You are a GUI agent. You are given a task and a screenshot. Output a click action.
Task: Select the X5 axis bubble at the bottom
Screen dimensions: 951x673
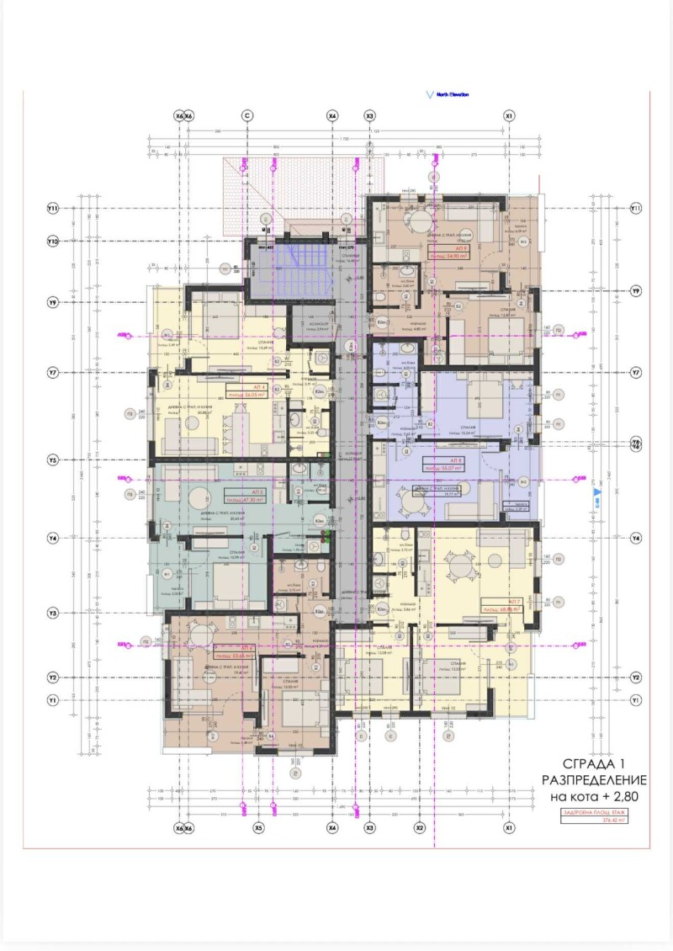coord(258,828)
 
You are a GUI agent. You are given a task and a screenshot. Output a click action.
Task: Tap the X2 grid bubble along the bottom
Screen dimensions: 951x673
coord(419,828)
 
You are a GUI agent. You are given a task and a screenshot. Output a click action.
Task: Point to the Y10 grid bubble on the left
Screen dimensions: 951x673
coord(52,242)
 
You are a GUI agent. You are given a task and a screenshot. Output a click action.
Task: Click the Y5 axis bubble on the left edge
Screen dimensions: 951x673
coord(52,460)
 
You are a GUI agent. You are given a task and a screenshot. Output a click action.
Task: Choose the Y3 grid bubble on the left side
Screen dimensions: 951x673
coord(52,614)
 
